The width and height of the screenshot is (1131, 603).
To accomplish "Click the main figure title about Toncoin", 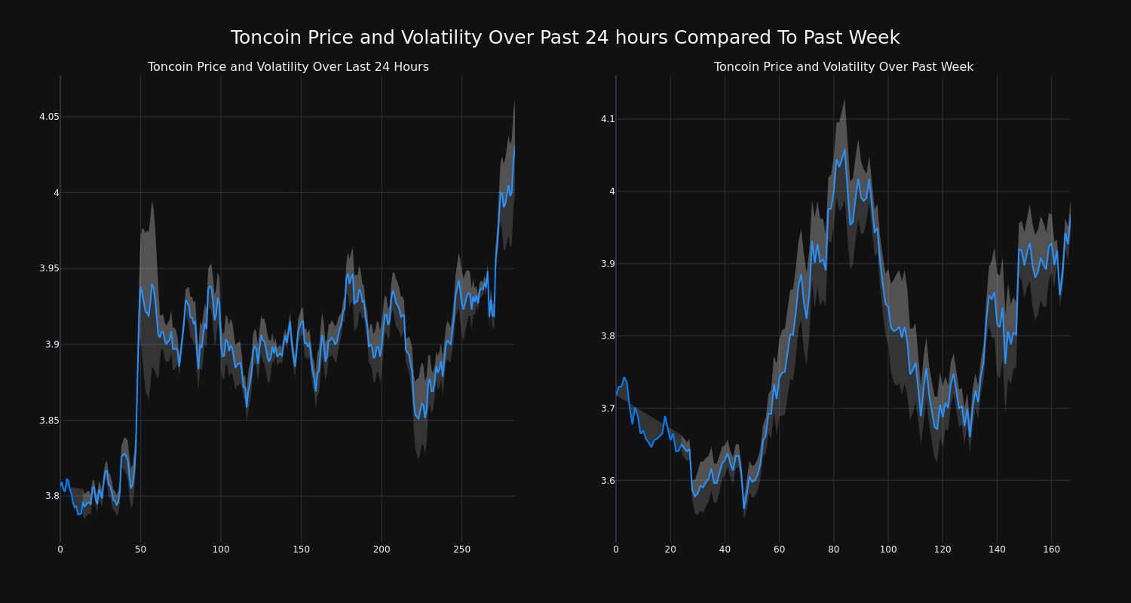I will tap(565, 38).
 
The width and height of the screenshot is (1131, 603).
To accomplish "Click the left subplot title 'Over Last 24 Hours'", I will tap(288, 67).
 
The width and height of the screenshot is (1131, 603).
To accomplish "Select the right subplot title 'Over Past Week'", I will tap(843, 67).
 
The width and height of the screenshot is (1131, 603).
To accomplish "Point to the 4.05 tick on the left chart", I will tap(49, 117).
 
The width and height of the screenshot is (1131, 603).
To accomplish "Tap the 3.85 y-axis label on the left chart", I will tap(49, 420).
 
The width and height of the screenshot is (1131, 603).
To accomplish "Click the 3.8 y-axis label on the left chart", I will tap(52, 496).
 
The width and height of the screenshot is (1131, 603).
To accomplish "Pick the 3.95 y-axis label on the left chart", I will tap(49, 268).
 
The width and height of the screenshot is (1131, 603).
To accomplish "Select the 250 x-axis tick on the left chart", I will tap(461, 549).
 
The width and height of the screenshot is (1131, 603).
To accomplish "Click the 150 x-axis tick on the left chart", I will tap(301, 549).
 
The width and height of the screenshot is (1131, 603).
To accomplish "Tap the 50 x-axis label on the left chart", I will tap(140, 549).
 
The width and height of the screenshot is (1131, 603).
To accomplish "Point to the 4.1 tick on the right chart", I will tap(608, 119).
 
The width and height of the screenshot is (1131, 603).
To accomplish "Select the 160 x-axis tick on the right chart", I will tap(1051, 549).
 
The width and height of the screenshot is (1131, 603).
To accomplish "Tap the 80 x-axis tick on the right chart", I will tap(833, 549).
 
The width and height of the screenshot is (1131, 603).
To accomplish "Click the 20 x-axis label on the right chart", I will tap(670, 549).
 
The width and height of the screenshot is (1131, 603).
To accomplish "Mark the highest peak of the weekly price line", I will tap(844, 149).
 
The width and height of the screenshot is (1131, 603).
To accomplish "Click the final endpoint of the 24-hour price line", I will tap(514, 146).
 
